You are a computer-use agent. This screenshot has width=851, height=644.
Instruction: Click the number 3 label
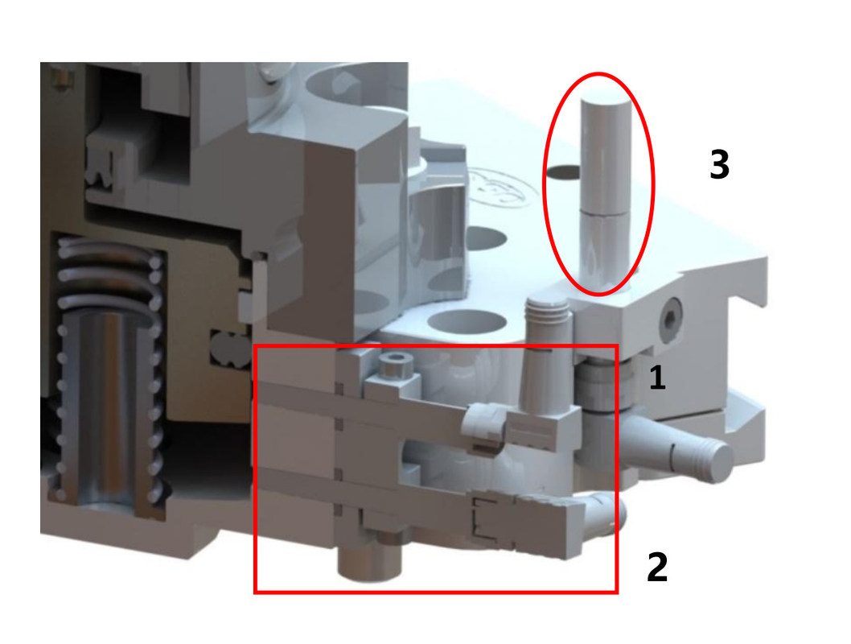[x=720, y=164]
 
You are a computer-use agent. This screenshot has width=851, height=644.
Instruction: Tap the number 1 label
[x=657, y=378]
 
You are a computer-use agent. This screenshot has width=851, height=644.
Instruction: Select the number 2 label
[x=657, y=567]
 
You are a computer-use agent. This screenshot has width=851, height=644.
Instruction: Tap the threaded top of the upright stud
[x=546, y=308]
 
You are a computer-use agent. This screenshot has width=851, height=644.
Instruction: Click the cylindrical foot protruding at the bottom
[x=369, y=562]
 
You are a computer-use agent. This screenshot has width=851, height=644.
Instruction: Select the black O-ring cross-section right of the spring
[x=230, y=348]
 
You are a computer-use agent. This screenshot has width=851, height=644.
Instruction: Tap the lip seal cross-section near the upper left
[x=97, y=169]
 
